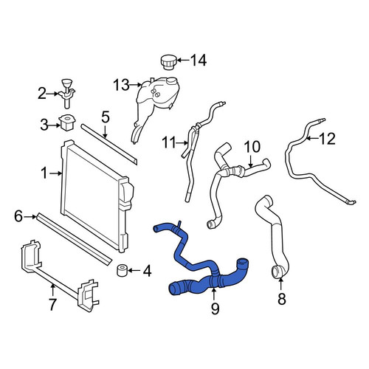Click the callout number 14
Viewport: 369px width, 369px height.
click(199, 61)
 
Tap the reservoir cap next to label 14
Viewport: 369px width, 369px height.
click(168, 63)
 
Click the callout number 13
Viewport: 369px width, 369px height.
click(121, 85)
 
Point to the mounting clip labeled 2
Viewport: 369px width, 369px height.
click(67, 94)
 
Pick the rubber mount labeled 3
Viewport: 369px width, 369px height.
click(68, 123)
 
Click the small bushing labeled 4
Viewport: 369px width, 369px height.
click(122, 270)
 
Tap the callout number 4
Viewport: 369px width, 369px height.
click(147, 271)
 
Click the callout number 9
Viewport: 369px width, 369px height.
click(215, 308)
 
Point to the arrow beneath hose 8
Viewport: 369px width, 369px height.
click(281, 285)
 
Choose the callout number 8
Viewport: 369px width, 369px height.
click(282, 299)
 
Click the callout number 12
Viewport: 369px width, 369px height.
click(327, 139)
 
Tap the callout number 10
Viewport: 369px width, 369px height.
click(252, 147)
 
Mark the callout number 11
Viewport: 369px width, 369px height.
click(169, 142)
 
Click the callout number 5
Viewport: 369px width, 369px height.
click(106, 117)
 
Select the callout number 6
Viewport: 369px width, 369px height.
click(18, 217)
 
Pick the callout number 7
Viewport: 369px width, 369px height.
click(52, 304)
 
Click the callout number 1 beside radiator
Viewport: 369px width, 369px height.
click(44, 173)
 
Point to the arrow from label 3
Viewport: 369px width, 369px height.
click(55, 125)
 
